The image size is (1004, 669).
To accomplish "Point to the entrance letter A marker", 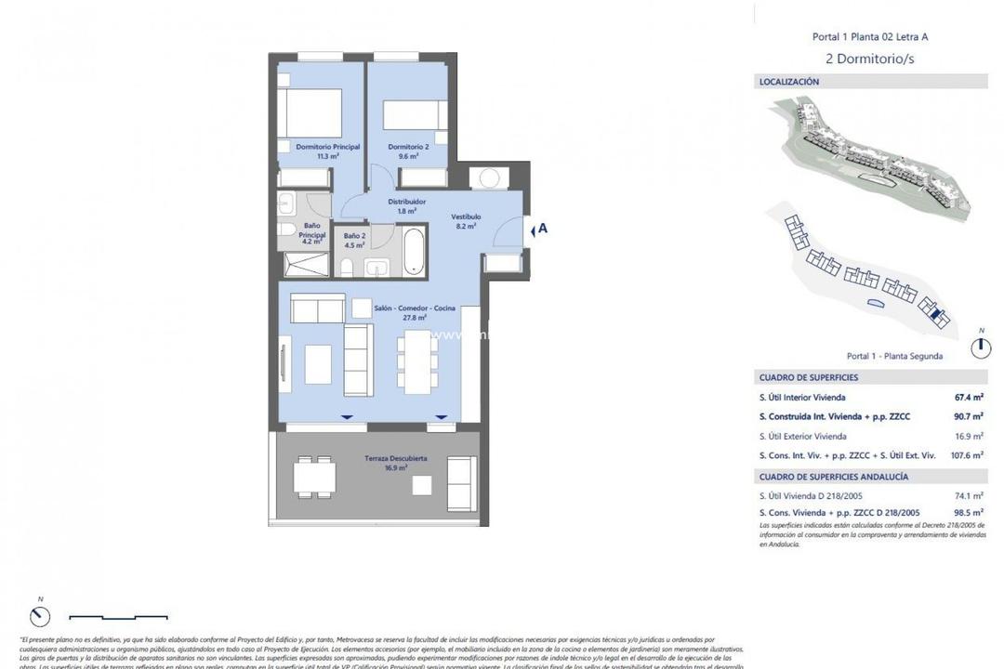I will tap(543, 229).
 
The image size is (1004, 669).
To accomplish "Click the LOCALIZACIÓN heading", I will tap(789, 82).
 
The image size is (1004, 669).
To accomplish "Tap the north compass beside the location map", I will tap(980, 348).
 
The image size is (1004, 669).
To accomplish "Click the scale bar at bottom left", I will tap(118, 616).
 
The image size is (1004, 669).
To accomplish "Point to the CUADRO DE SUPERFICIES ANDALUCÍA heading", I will tap(834, 477).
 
